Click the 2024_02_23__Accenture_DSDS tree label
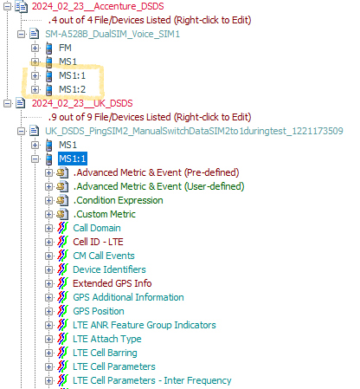(x=98, y=6)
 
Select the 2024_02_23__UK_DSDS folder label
(x=82, y=103)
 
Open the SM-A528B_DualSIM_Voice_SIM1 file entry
(x=112, y=34)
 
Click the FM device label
(x=65, y=48)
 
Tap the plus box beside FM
(x=35, y=48)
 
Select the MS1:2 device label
(x=72, y=89)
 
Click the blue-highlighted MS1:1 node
(x=72, y=159)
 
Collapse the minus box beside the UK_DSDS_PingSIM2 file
(x=21, y=131)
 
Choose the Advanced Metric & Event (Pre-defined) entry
(x=156, y=172)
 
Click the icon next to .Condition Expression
(x=62, y=200)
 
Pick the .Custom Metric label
(x=105, y=214)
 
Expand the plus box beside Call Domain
(x=48, y=228)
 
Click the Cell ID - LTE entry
(x=98, y=242)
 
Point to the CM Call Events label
(x=104, y=256)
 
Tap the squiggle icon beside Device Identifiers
(x=62, y=269)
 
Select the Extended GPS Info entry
(x=112, y=283)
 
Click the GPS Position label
(x=99, y=311)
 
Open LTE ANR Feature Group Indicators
(x=145, y=325)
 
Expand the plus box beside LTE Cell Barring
(x=48, y=353)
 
